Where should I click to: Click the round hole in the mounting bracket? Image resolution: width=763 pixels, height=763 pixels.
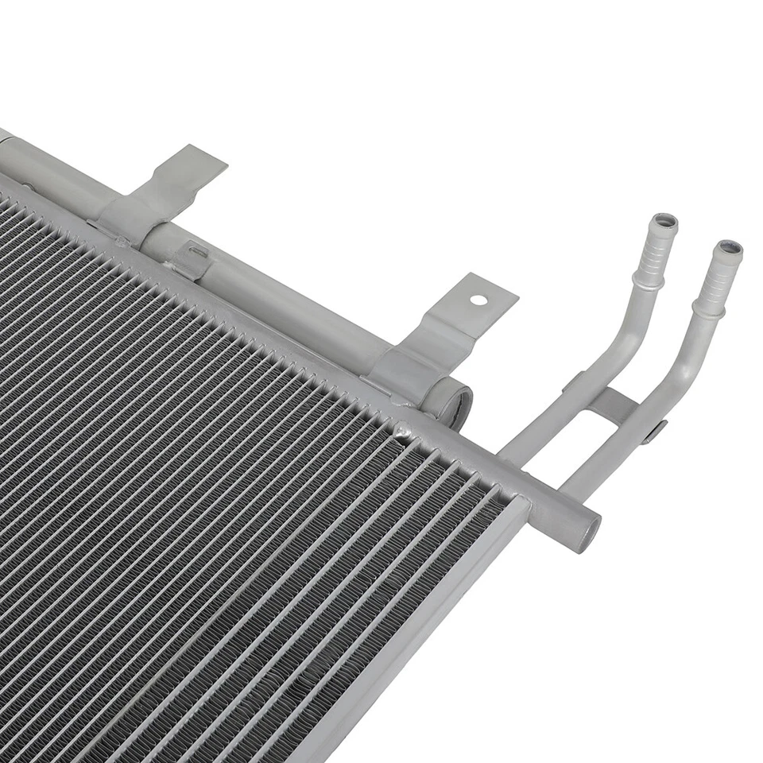coord(478,300)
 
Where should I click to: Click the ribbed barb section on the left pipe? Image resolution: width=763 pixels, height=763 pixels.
coord(655,250)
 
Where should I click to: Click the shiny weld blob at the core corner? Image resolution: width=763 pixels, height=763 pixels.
coord(403,432)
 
